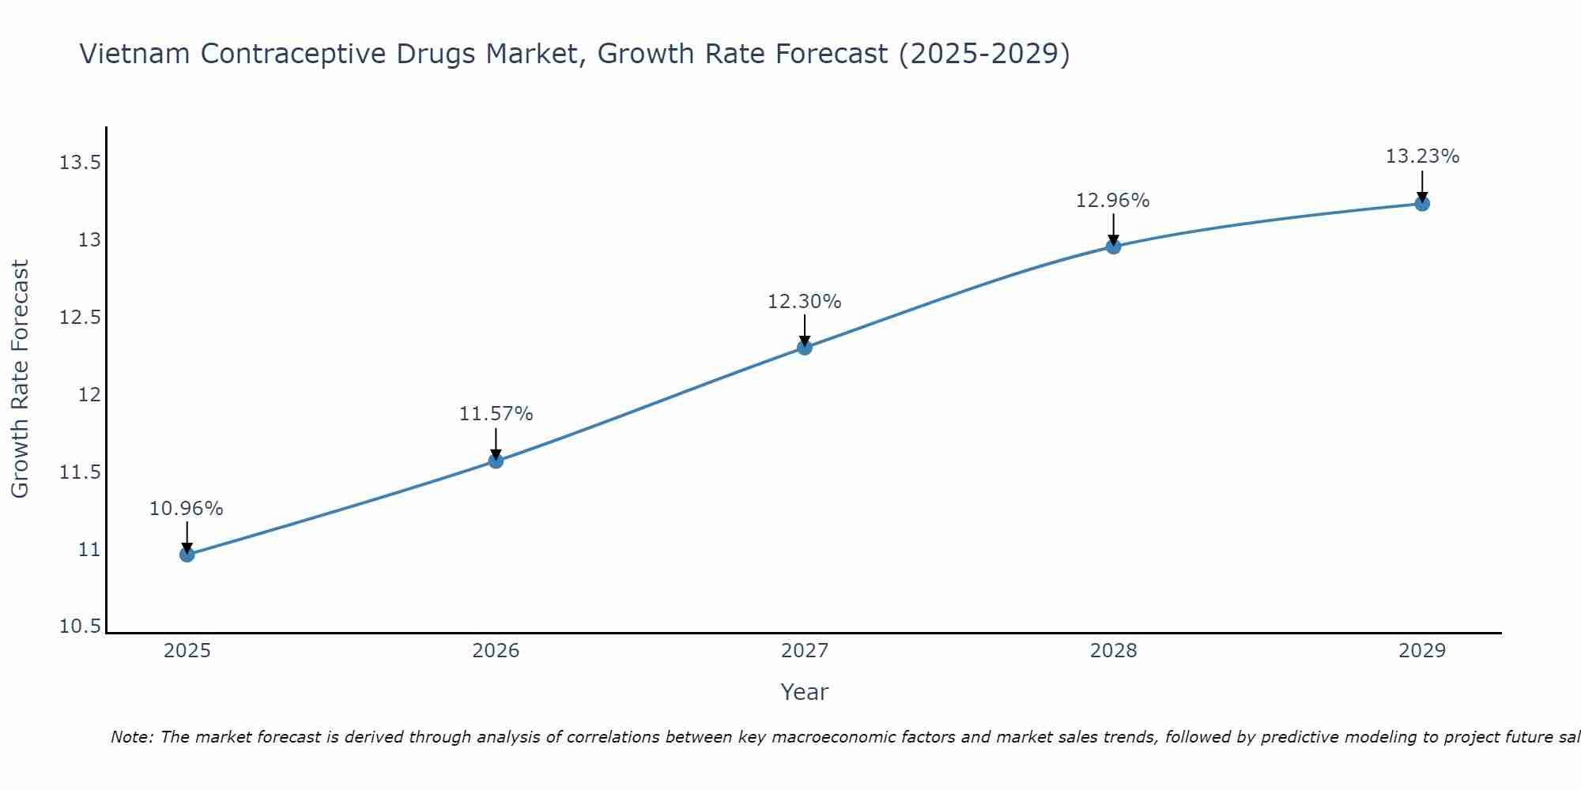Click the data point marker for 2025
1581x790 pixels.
[x=187, y=555]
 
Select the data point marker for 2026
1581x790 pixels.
[x=496, y=461]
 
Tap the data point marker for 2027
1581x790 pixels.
[x=805, y=347]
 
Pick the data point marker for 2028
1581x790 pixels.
[x=1113, y=246]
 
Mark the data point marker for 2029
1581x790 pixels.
[x=1422, y=204]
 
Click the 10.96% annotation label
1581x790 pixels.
[x=187, y=509]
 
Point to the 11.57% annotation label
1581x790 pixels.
[x=496, y=414]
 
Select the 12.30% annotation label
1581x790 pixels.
[x=805, y=302]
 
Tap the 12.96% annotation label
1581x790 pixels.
[x=1113, y=201]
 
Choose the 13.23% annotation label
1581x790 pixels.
[x=1422, y=156]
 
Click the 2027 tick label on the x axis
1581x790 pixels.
[x=805, y=651]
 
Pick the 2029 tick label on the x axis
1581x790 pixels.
[x=1422, y=651]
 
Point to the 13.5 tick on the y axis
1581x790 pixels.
[x=80, y=164]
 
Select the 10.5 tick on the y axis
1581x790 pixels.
[x=80, y=627]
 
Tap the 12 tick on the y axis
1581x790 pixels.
[x=89, y=395]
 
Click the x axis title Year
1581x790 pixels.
[x=805, y=692]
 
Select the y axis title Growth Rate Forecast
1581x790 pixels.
[x=21, y=379]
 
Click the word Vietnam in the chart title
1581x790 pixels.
[x=135, y=55]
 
